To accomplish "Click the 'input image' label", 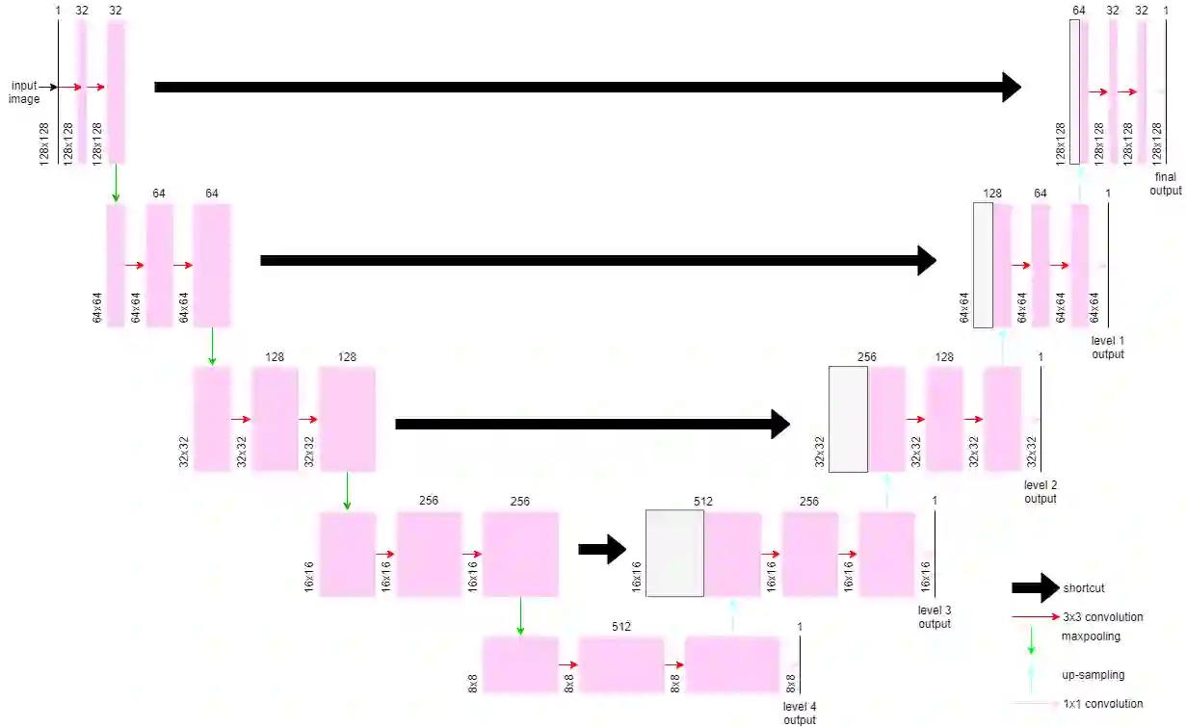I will [x=24, y=92].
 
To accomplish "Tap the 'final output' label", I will [x=1165, y=184].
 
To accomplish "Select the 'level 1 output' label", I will [x=1107, y=348].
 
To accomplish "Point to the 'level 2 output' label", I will [x=1040, y=492].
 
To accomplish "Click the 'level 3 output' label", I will [x=934, y=617].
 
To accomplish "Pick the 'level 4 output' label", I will [x=799, y=714].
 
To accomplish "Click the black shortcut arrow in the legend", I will [x=1035, y=588].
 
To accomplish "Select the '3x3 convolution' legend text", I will [x=1102, y=617].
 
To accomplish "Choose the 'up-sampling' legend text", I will [x=1093, y=675].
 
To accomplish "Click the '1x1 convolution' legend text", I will [x=1102, y=704].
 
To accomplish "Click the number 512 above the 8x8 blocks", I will [x=620, y=627].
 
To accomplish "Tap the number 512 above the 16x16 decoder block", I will [x=702, y=502].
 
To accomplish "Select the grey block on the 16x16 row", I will [x=674, y=554].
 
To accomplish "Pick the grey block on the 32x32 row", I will [x=848, y=419].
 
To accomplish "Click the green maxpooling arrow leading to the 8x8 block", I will [x=520, y=616].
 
